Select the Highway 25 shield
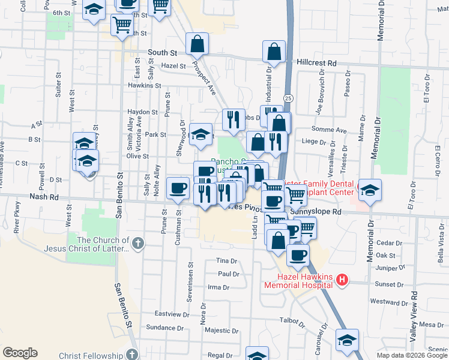tap(289, 97)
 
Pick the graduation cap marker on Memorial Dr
tap(370, 190)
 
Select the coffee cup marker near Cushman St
tap(178, 189)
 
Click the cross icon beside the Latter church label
tap(138, 243)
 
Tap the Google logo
tap(20, 353)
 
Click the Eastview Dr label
tap(172, 314)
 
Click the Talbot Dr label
tap(293, 321)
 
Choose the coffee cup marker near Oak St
tap(298, 256)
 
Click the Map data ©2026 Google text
tap(412, 355)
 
